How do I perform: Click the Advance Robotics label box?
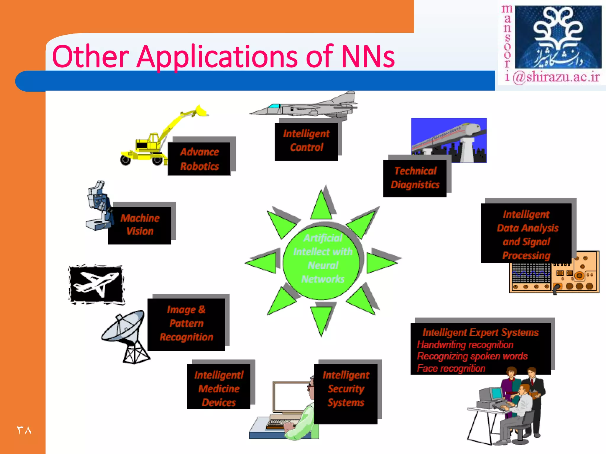pos(199,159)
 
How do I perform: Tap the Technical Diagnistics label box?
pos(415,178)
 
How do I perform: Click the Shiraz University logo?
pos(557,37)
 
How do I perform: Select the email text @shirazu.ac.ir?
pos(556,77)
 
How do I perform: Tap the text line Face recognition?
pos(451,368)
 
